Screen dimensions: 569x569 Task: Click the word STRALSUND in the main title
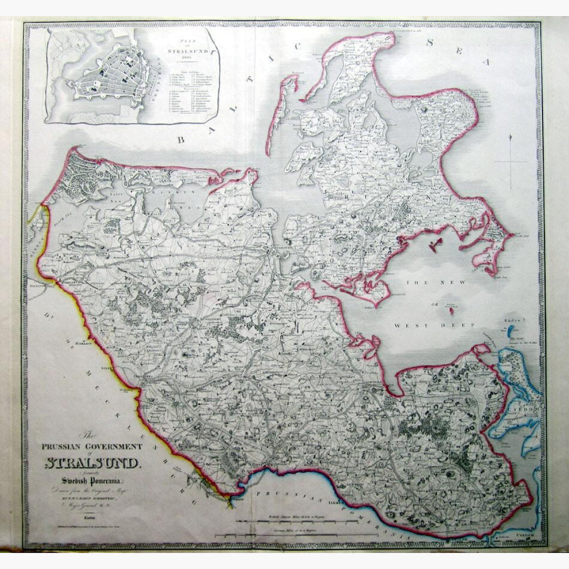coord(93,462)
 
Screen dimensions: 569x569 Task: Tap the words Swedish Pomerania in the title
coord(92,481)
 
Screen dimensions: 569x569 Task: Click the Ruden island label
coord(510,321)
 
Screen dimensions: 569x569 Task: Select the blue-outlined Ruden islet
coord(510,332)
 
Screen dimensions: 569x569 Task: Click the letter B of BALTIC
coord(181,139)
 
